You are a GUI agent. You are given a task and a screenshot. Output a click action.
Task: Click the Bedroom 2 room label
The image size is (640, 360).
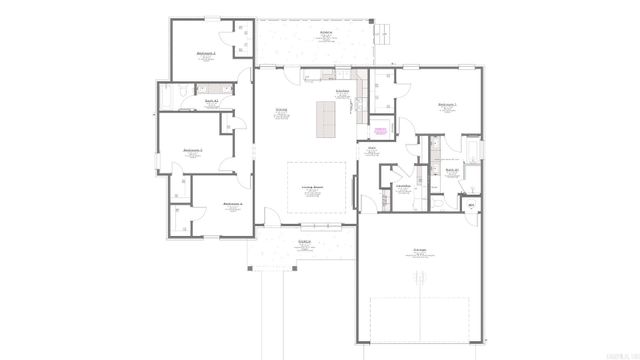click(x=205, y=55)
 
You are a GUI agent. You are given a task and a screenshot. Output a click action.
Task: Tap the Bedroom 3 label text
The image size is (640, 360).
click(x=193, y=150)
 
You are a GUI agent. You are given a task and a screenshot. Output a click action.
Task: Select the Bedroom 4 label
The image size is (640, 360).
click(x=232, y=204)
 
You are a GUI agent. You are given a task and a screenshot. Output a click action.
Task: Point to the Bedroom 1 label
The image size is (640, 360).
click(x=447, y=104)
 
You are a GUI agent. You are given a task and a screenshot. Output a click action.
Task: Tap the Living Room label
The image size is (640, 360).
click(x=312, y=187)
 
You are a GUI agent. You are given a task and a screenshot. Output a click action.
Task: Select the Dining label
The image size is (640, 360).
click(x=281, y=110)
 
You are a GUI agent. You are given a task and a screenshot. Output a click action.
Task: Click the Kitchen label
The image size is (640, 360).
click(x=342, y=91)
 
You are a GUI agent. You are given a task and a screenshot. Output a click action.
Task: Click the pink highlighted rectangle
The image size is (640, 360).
click(x=380, y=130)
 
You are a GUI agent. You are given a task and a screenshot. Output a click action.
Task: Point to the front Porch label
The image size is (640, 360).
click(x=303, y=243)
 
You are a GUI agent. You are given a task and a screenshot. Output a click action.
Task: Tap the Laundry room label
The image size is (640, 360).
click(x=405, y=186)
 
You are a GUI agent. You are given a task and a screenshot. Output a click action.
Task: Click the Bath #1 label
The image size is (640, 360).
click(x=451, y=170)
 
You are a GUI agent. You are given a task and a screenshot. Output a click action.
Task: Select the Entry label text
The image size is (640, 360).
click(x=371, y=149)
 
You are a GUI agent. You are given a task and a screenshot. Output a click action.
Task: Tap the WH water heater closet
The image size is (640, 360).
click(x=472, y=205)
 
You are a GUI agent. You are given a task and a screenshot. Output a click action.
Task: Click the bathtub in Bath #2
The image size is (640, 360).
click(x=171, y=95)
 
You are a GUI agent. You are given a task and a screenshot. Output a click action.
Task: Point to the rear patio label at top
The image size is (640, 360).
click(x=326, y=33)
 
